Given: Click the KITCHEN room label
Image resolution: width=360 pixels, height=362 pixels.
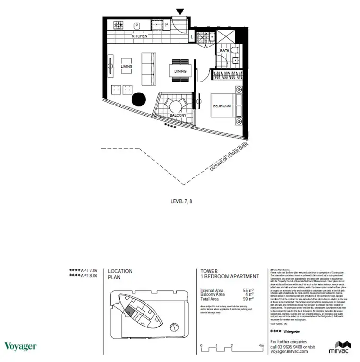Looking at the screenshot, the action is click(140, 36).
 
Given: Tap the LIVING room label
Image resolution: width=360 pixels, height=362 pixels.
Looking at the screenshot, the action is click(126, 66).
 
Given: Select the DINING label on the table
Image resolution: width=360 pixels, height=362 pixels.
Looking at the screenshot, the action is click(180, 71).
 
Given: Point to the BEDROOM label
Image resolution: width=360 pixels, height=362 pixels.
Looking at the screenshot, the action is click(222, 105).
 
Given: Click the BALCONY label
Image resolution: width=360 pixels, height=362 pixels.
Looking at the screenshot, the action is click(178, 116).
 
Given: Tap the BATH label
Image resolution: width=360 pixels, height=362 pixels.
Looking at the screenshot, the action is click(224, 50).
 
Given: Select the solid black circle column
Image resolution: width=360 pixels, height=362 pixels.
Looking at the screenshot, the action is click(139, 99).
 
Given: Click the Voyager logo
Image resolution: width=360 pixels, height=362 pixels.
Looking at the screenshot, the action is click(20, 346).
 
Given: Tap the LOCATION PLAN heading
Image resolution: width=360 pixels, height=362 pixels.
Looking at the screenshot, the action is click(120, 274).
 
